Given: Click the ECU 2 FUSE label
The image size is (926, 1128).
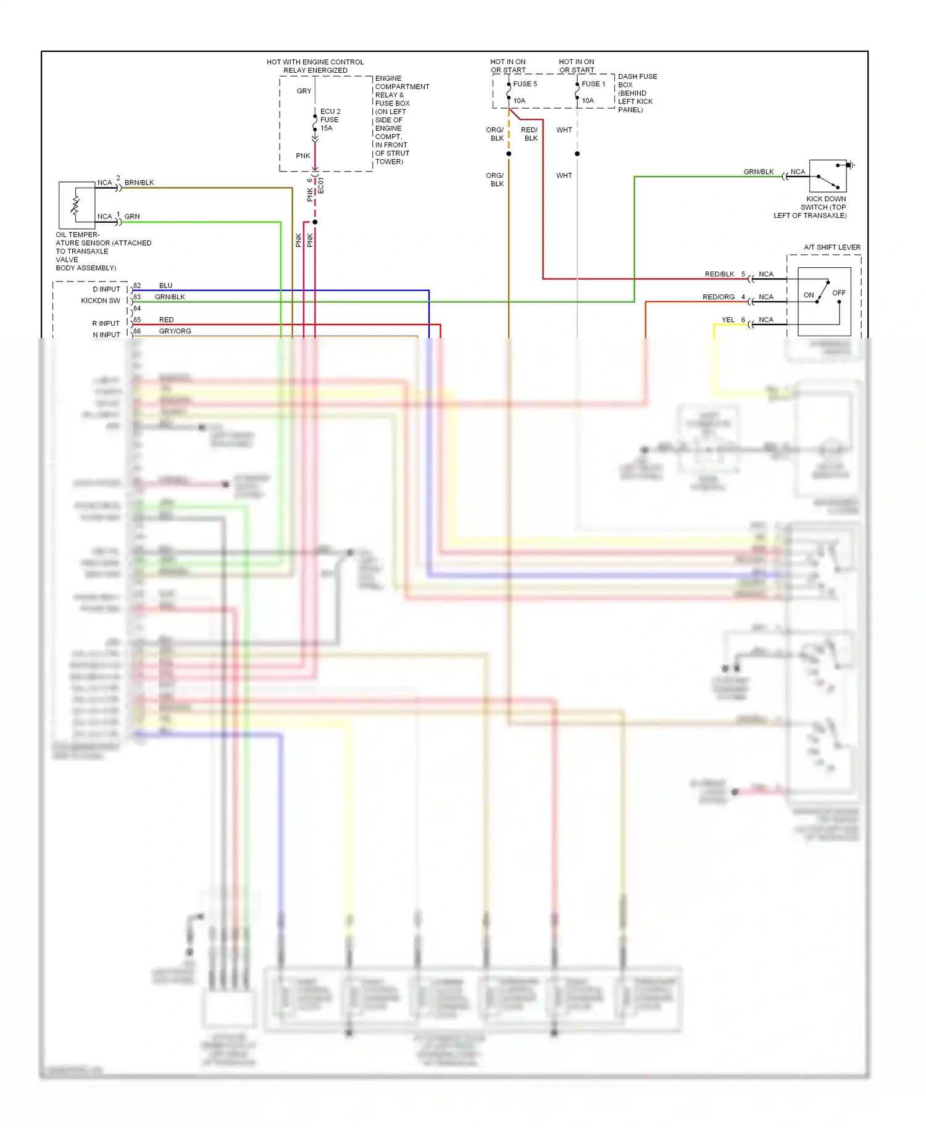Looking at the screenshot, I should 330,120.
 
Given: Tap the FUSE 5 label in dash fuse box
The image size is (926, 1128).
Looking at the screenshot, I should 525,84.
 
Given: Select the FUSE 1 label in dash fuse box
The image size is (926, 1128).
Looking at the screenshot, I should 593,84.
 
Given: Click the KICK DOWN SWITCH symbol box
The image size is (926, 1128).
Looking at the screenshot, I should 827,176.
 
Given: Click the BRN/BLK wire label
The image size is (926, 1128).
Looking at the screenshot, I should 139,183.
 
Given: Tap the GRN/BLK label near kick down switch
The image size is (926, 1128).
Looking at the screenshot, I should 758,172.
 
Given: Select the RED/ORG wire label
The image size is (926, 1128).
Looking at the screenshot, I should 718,297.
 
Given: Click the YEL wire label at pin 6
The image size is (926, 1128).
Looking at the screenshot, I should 728,320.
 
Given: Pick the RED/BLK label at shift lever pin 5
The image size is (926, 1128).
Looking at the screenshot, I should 719,274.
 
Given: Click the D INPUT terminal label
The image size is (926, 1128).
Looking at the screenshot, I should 106,289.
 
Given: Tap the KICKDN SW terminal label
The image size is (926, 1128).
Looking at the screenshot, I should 100,301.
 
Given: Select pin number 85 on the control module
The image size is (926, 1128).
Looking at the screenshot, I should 137,320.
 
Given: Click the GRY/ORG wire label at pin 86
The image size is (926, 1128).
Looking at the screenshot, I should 175,331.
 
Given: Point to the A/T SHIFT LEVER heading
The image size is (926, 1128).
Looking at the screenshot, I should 832,247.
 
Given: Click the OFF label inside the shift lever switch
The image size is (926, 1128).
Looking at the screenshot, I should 838,292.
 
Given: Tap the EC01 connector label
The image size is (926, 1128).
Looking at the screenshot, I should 321,186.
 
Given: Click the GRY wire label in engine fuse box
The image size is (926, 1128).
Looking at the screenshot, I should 304,91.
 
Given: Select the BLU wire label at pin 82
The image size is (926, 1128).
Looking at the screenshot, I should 165,286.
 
